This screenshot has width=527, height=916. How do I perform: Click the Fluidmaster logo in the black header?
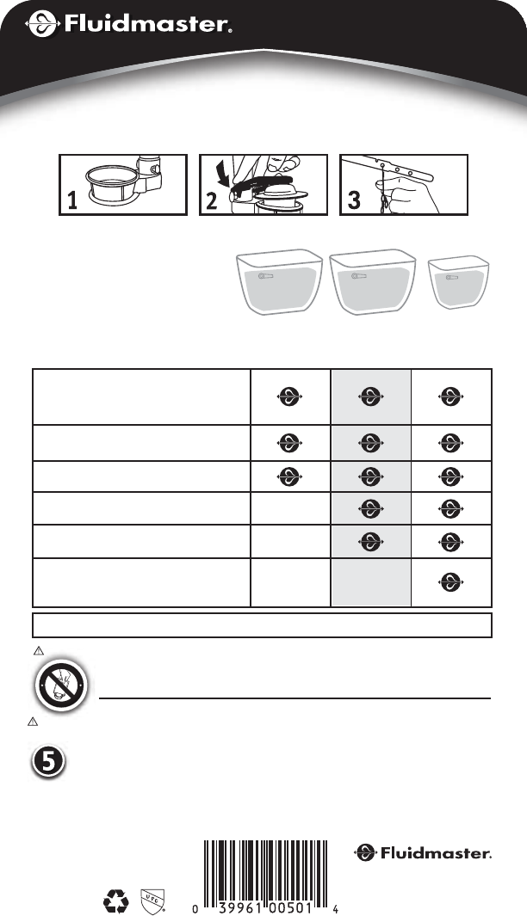128,24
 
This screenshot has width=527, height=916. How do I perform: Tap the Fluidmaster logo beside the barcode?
422,853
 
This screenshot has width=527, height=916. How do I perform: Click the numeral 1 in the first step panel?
72,200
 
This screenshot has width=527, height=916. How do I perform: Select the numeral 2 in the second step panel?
212,200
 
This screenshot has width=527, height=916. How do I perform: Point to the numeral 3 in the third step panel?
354,200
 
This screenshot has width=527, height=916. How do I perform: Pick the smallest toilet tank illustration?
459,281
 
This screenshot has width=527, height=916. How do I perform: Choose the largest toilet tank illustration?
373,281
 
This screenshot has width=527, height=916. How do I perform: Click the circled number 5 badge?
48,762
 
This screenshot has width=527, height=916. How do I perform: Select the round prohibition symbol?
61,685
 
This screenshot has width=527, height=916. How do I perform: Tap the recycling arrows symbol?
115,901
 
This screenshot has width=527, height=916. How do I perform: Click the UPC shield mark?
152,901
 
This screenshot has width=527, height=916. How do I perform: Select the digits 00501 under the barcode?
289,909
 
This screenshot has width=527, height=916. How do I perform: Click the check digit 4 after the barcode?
335,909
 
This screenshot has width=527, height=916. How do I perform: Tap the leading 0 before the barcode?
195,909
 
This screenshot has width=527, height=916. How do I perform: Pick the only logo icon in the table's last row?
450,582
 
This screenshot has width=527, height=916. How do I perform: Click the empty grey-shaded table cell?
371,583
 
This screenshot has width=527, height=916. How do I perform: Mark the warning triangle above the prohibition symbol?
39,650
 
